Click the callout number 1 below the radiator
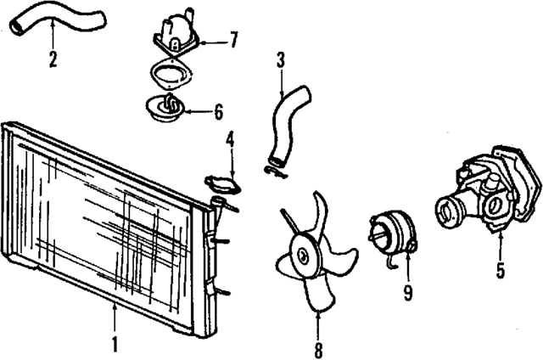coord(115,345)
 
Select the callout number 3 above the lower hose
coord(281,60)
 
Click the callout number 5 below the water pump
coord(500,272)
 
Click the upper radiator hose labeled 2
coord(59,21)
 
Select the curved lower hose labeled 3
coord(283,124)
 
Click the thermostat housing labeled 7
coord(174,34)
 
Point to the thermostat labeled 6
coord(167,109)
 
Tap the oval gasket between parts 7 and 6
coord(173,77)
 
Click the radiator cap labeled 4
coord(223,183)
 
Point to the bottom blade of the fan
coord(318,293)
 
